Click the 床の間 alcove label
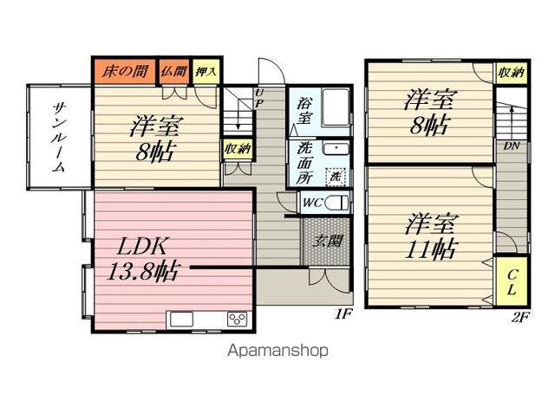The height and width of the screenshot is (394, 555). (x=125, y=72)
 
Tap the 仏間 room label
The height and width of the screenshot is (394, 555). (x=173, y=71)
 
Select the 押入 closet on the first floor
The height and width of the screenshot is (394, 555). (x=206, y=72)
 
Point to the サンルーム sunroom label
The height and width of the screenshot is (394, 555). (x=58, y=137)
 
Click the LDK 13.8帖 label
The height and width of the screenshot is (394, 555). (x=142, y=259)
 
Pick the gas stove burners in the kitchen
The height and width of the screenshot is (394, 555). (x=238, y=319)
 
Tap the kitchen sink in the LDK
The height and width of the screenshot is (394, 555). (x=181, y=320)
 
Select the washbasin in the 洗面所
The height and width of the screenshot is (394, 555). (x=336, y=148)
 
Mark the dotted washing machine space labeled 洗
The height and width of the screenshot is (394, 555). (x=336, y=176)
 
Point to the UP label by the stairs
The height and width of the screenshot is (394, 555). (x=259, y=99)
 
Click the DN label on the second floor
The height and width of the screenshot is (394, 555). (x=512, y=145)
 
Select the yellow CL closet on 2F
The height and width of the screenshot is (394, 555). (x=512, y=281)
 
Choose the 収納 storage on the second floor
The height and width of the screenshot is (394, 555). (x=512, y=73)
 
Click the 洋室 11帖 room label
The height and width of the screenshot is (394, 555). (x=430, y=236)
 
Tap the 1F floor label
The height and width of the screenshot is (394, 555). (x=343, y=313)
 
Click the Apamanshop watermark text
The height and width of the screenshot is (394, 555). (x=277, y=351)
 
